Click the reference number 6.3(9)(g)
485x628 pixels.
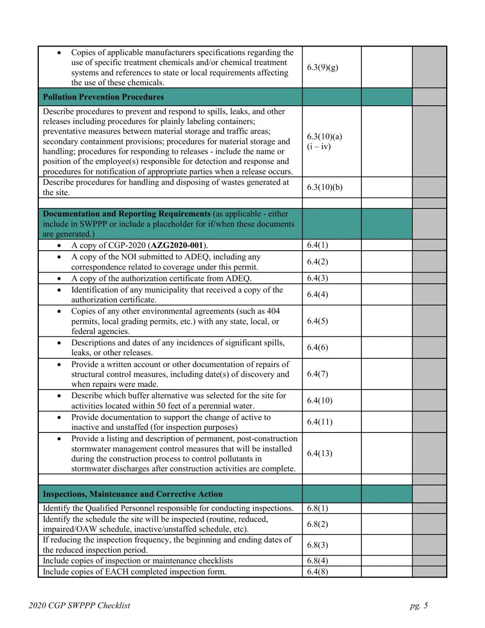point(322,67)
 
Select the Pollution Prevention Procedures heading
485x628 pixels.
point(104,97)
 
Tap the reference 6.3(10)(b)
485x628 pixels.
point(325,187)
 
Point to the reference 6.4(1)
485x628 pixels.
point(318,245)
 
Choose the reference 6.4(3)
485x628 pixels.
point(318,278)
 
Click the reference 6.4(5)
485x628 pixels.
point(318,321)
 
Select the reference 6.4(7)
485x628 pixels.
point(318,374)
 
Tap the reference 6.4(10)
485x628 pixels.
point(320,401)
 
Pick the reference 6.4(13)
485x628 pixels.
point(320,453)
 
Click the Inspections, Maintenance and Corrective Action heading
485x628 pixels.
point(133,494)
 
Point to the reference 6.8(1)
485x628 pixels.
point(318,508)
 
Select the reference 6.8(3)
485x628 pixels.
point(318,545)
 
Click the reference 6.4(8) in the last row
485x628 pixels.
point(318,571)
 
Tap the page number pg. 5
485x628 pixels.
point(419,606)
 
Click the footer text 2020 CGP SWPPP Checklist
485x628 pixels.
point(80,606)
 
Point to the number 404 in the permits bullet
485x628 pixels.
point(272,311)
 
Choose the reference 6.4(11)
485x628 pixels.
point(320,422)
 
